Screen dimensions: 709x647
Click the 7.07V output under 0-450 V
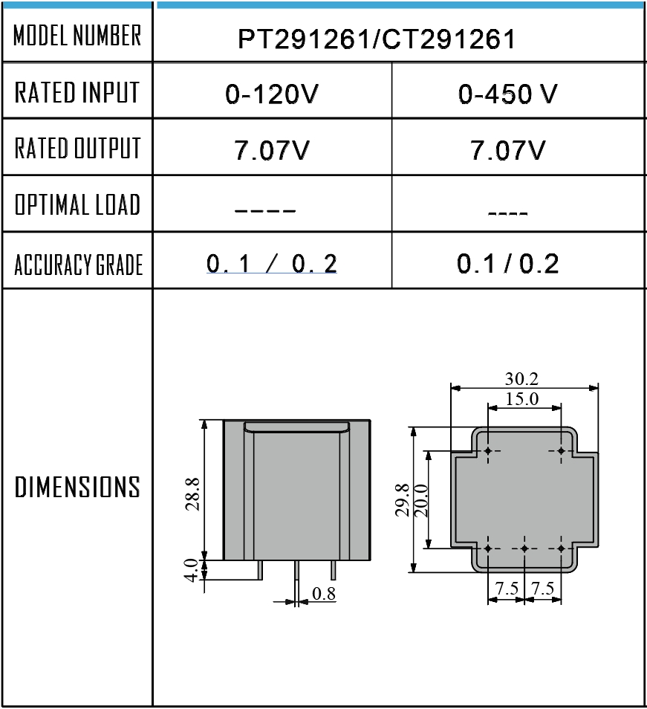(508, 152)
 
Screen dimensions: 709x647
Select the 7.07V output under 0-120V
(273, 152)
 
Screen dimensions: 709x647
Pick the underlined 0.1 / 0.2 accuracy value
(271, 264)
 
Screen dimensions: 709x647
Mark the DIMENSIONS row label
(77, 488)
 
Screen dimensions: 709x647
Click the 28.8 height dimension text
(192, 495)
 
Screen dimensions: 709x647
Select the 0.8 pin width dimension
(324, 594)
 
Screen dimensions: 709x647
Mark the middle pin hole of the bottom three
(524, 548)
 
